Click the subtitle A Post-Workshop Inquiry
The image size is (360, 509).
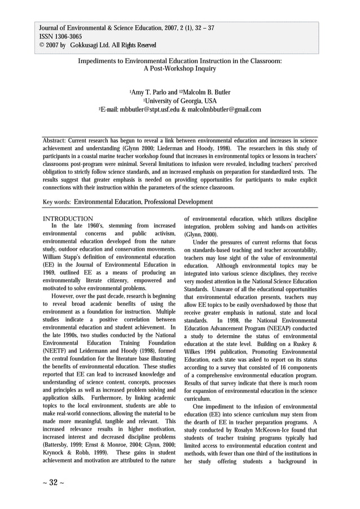pos(180,69)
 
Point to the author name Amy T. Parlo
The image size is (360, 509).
pos(152,93)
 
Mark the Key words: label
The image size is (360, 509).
pos(57,201)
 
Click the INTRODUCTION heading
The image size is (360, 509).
pos(68,218)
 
